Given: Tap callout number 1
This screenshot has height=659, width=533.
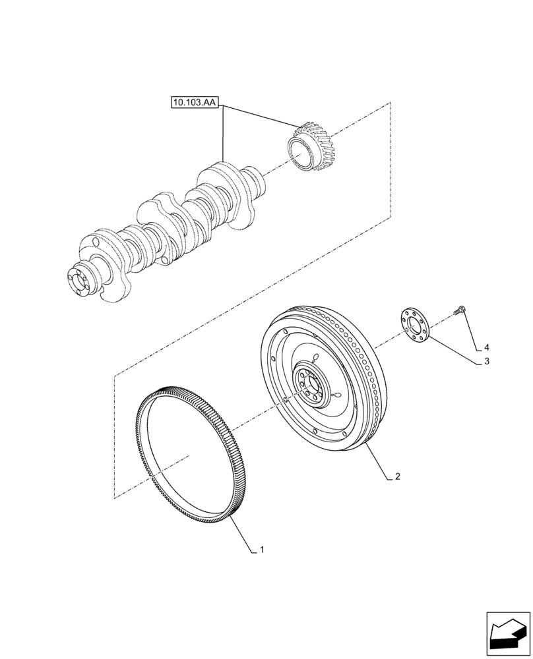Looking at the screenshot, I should coord(262,548).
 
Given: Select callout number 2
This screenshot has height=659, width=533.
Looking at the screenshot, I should coord(397,475).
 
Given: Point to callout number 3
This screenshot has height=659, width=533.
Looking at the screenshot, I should coord(486,361).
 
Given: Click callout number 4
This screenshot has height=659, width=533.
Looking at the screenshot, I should coord(486,347).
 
